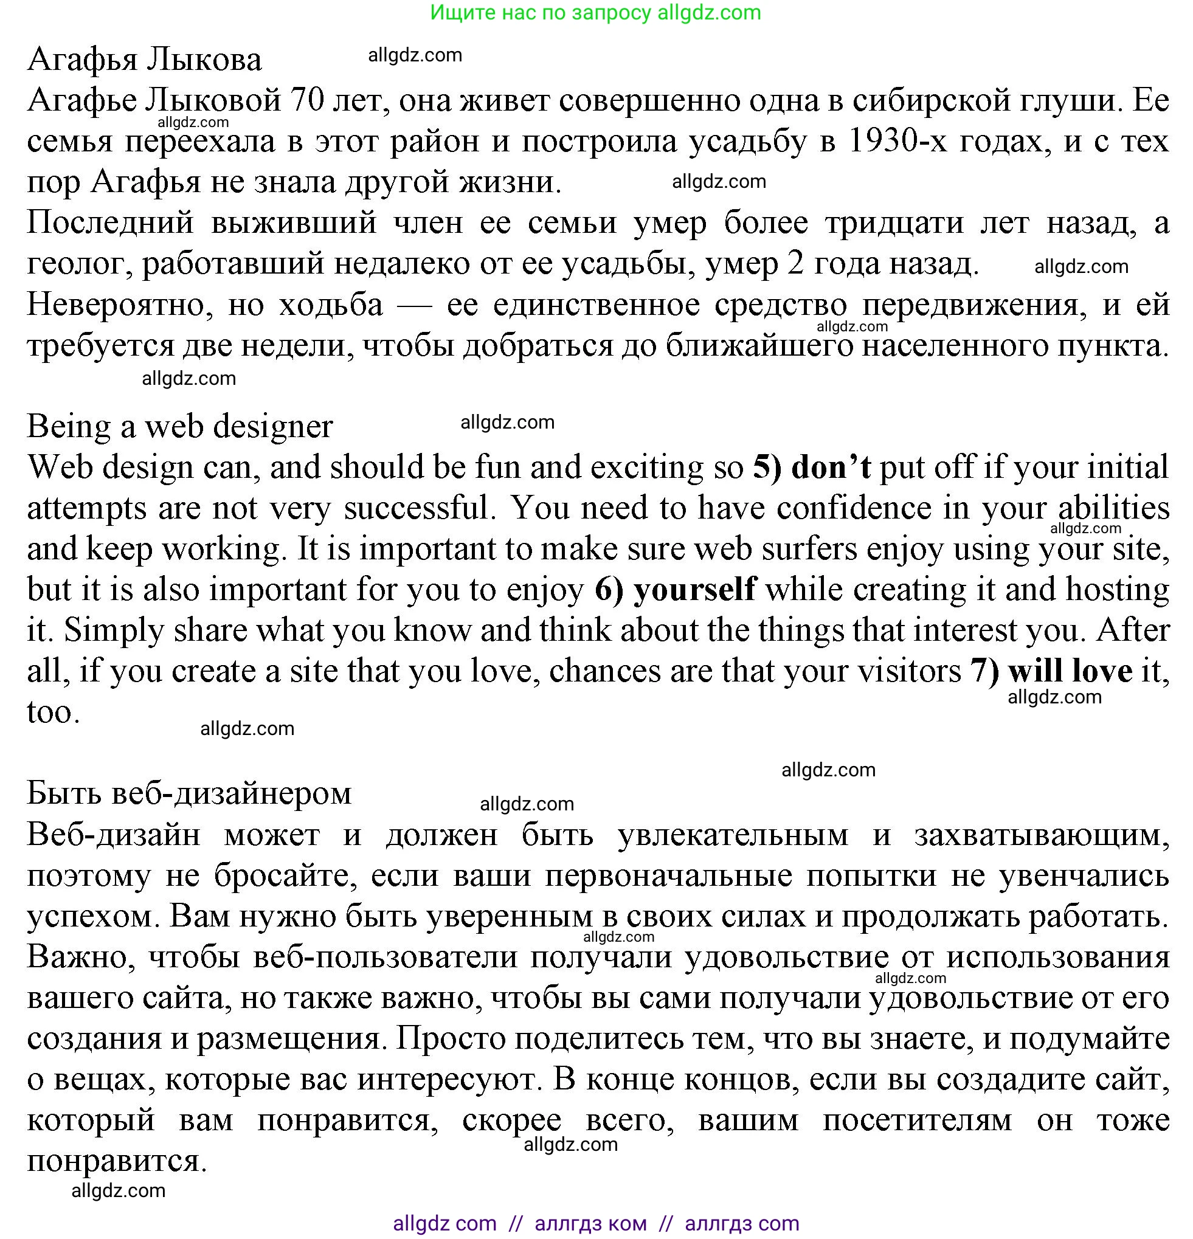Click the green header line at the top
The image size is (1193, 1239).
[x=595, y=13]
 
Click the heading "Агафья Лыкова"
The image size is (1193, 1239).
[x=144, y=60]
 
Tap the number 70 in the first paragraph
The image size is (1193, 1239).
[x=307, y=100]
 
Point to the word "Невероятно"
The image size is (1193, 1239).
[x=116, y=305]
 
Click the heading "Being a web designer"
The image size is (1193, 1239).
[x=179, y=426]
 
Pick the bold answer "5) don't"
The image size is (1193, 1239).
[x=812, y=467]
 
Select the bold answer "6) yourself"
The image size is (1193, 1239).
[x=675, y=589]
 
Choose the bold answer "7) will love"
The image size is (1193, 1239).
[x=1051, y=671]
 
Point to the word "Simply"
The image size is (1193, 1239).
[x=114, y=630]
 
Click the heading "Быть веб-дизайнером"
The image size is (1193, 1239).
[x=189, y=793]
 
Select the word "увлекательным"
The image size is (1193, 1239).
[x=733, y=835]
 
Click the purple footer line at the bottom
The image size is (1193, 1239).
[x=595, y=1223]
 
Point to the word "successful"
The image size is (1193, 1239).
[x=419, y=508]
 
